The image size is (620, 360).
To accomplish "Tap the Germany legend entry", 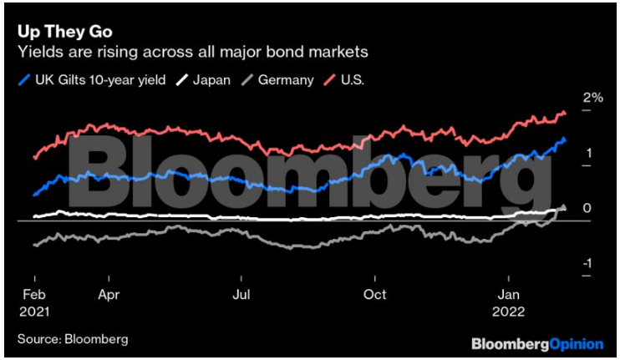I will (279, 80).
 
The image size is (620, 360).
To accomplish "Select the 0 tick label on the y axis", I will (588, 208).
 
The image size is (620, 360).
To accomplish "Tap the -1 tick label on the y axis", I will (587, 263).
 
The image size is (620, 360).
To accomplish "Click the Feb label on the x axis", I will (33, 294).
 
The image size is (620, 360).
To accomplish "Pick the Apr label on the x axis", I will (109, 294).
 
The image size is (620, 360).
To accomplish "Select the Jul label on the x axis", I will (241, 294).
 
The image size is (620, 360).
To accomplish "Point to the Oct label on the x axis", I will (376, 294).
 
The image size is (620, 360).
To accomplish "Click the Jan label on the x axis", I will (509, 294).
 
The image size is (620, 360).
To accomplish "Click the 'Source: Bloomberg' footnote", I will (73, 339).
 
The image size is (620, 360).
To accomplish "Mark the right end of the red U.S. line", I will (566, 114).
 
